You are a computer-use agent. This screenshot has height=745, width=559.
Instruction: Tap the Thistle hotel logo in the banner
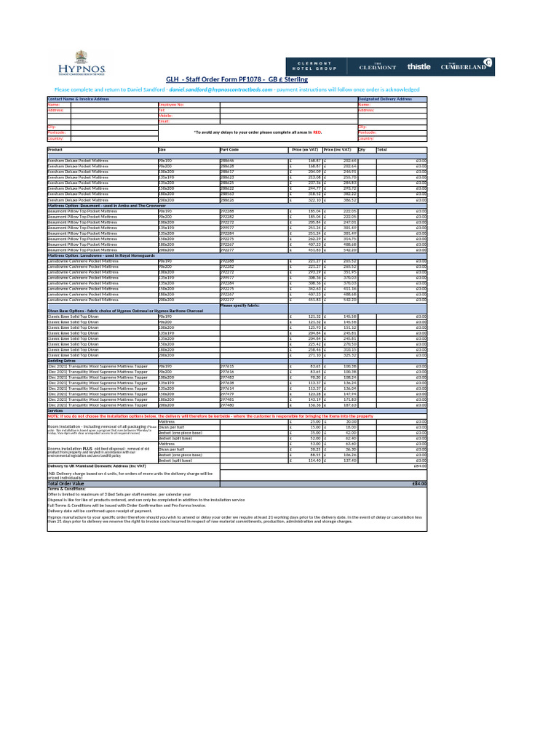pos(419,65)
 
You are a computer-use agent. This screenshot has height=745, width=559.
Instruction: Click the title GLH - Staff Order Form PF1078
pos(237,79)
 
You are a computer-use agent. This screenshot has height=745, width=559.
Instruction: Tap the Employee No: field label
pos(171,105)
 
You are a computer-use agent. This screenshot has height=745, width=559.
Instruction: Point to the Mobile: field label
pos(165,115)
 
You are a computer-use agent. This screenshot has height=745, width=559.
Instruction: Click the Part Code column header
pos(230,149)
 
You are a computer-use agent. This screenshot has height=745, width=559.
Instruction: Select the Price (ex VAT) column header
pos(304,149)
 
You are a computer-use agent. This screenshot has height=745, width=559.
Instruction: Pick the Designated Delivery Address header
pos(385,99)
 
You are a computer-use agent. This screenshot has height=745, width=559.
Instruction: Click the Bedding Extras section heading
pos(63,360)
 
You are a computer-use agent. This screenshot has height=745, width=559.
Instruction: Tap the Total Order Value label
pos(66,483)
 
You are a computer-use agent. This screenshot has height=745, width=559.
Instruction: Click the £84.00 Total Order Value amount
pos(418,483)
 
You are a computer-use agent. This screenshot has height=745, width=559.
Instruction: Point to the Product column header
pos(55,149)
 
